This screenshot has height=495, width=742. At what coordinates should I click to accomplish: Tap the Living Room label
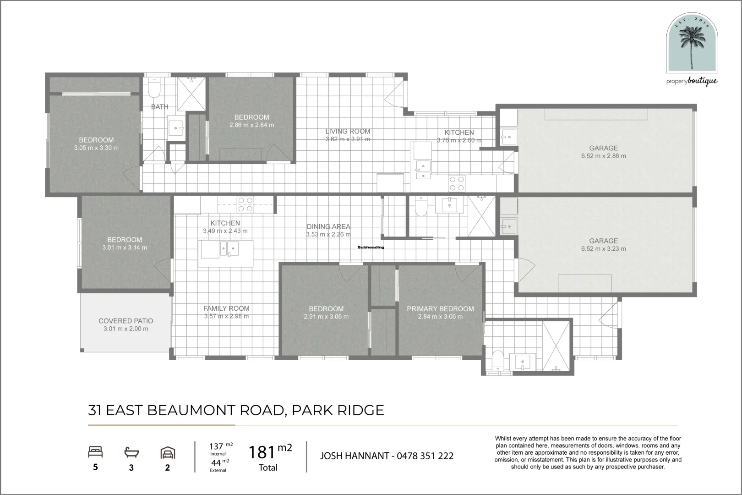pos(348,132)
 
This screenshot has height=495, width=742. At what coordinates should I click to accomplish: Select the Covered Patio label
pos(126,321)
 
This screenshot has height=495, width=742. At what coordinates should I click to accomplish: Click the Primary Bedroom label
pos(440,308)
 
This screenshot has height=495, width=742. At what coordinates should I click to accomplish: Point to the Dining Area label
pos(328,227)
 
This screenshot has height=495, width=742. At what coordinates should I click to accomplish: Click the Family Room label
pos(226,308)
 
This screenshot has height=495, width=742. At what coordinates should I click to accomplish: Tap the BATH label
pos(160,107)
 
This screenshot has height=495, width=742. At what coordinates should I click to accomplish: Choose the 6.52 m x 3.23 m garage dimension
pos(604,249)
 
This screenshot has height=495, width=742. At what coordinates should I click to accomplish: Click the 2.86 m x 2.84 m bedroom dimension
pos(252,125)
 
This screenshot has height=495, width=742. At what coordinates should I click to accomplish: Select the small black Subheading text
pos(371,247)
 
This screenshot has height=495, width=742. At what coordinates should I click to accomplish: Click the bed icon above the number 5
pos(95,452)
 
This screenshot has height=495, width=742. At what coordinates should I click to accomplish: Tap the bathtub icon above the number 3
pos(131,452)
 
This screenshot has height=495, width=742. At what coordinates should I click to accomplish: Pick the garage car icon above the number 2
pos(168,452)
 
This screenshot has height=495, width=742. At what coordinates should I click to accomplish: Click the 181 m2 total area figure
pos(270,451)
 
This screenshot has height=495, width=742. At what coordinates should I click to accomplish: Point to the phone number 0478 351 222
pos(425,456)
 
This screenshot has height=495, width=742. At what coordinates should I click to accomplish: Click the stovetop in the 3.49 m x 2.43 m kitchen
pos(246,204)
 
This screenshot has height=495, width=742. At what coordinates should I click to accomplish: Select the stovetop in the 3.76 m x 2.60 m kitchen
pos(457,184)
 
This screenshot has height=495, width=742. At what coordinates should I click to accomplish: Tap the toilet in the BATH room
pos(154,88)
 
